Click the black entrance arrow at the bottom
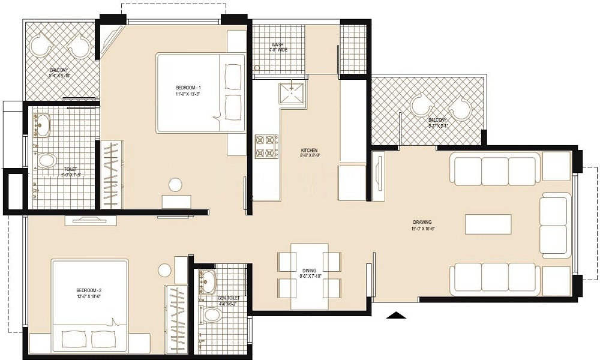(x=395, y=314)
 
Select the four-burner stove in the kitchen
(x=267, y=146)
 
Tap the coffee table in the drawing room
(x=488, y=224)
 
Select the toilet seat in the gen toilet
(x=211, y=315)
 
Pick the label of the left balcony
(x=59, y=73)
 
